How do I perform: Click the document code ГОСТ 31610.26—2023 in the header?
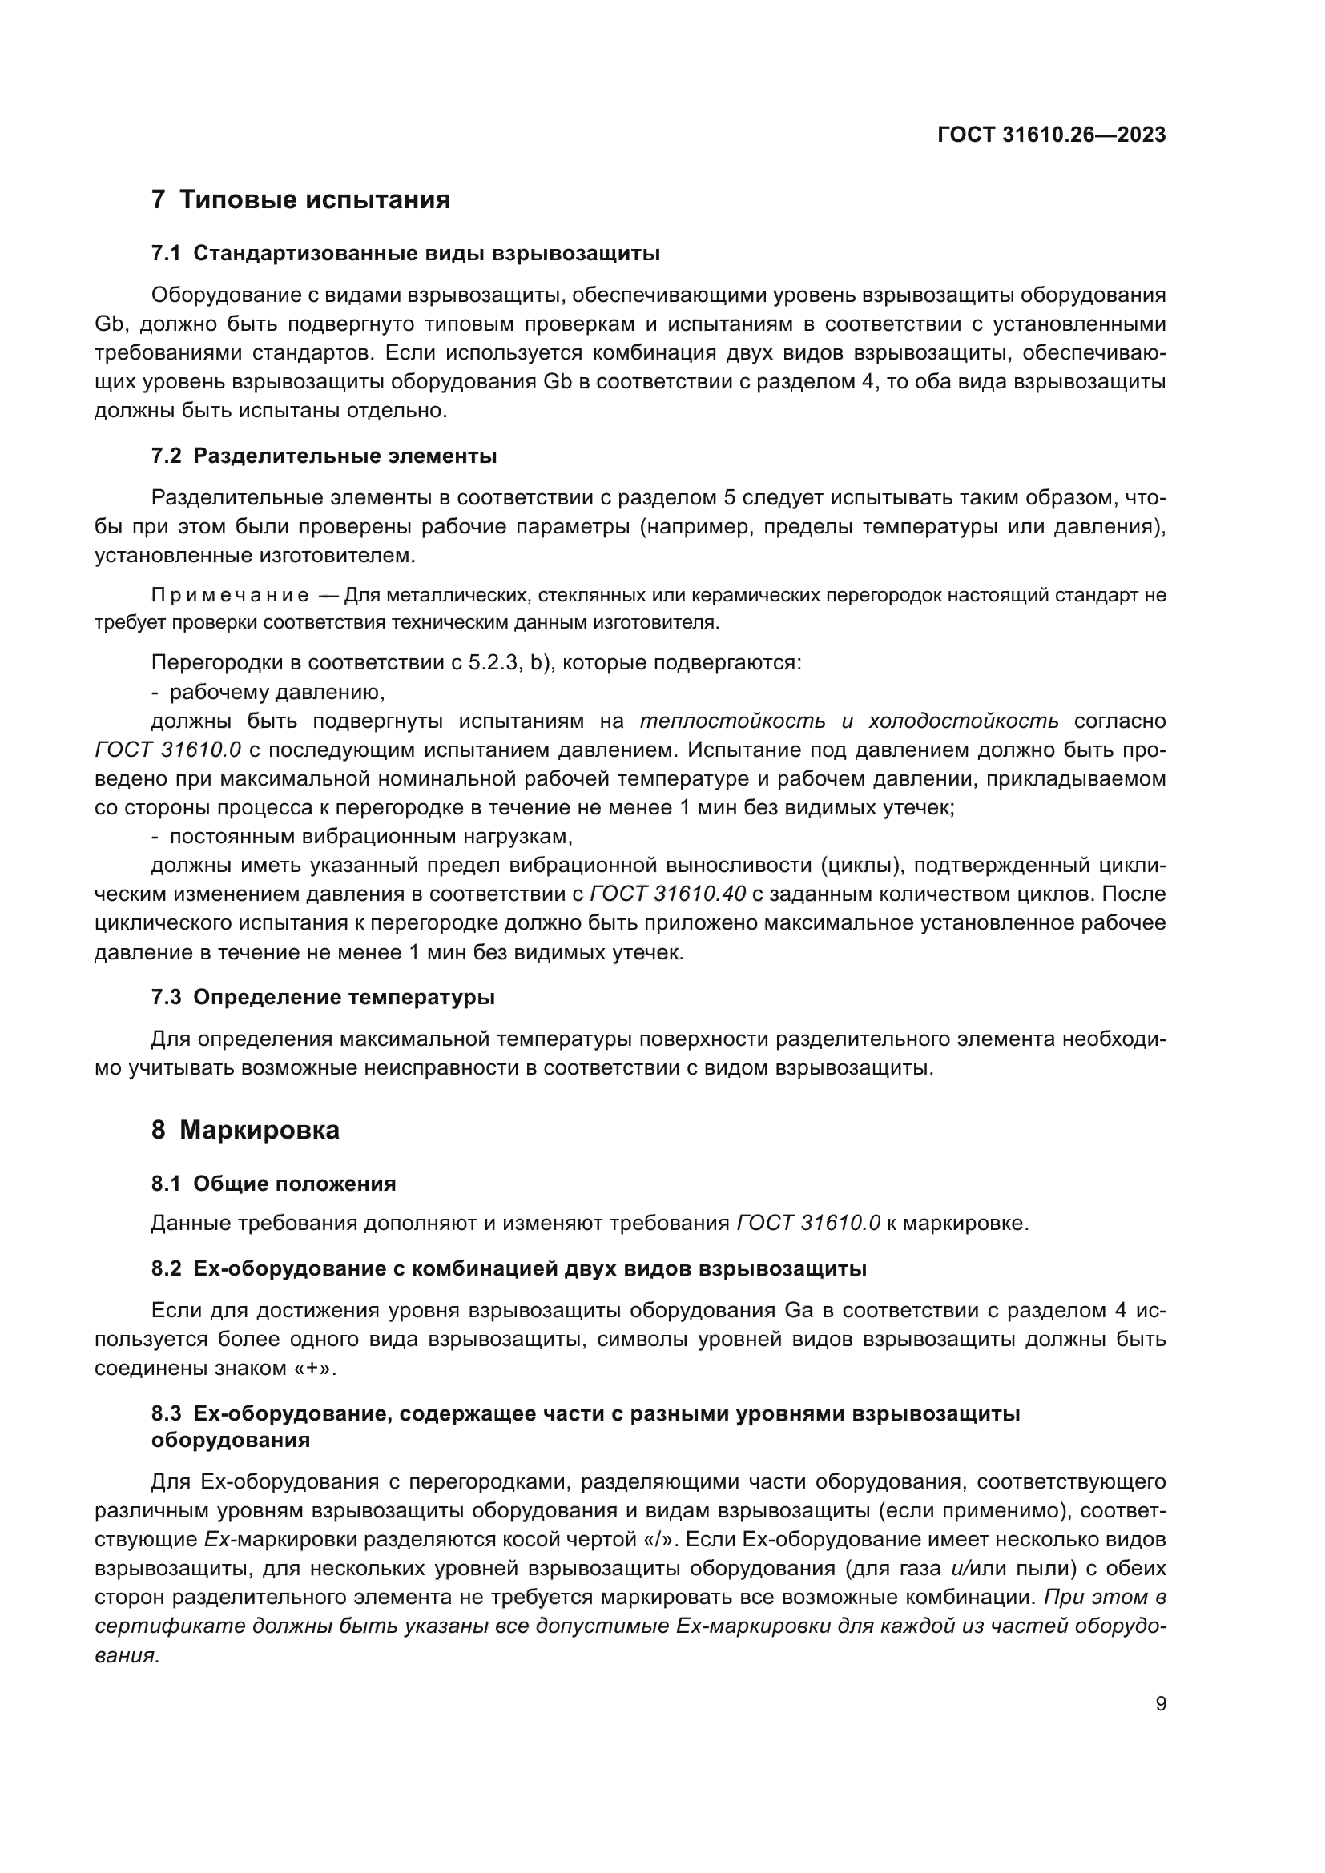click(x=1051, y=135)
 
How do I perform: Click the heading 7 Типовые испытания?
click(x=301, y=200)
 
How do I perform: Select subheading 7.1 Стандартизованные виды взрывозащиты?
click(x=405, y=254)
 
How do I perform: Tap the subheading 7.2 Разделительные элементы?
click(x=324, y=456)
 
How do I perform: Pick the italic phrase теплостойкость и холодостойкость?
click(x=848, y=721)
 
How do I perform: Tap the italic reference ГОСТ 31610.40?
click(x=667, y=894)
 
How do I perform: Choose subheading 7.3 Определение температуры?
click(x=323, y=998)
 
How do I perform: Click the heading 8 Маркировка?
click(x=246, y=1131)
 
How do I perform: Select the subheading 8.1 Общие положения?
click(x=273, y=1184)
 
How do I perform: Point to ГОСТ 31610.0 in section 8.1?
click(x=808, y=1223)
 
